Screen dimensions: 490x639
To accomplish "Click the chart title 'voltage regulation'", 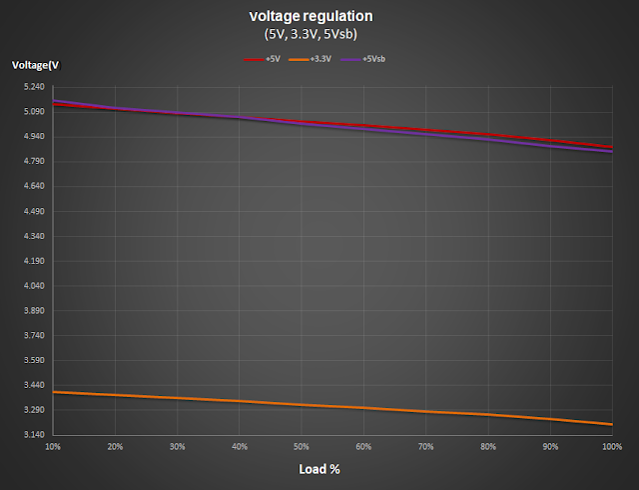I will (319, 17).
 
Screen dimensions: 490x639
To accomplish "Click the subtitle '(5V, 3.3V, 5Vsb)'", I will (319, 35).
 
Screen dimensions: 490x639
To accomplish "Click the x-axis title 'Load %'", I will (320, 469).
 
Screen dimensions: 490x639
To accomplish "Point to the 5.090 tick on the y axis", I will (32, 112).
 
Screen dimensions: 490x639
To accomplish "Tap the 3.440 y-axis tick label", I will (32, 386).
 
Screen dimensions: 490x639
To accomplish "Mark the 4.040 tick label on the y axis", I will (32, 286).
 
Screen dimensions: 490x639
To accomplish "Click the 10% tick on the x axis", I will (53, 446).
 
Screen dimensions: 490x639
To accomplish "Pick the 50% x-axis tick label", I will (302, 446).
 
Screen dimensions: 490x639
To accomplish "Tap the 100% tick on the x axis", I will (610, 446).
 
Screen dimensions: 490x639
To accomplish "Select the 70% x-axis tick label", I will (426, 446).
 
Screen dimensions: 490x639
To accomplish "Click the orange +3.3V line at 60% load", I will (364, 408).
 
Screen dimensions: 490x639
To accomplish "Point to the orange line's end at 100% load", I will (612, 425).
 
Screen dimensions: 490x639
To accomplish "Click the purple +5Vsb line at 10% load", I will (54, 101).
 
